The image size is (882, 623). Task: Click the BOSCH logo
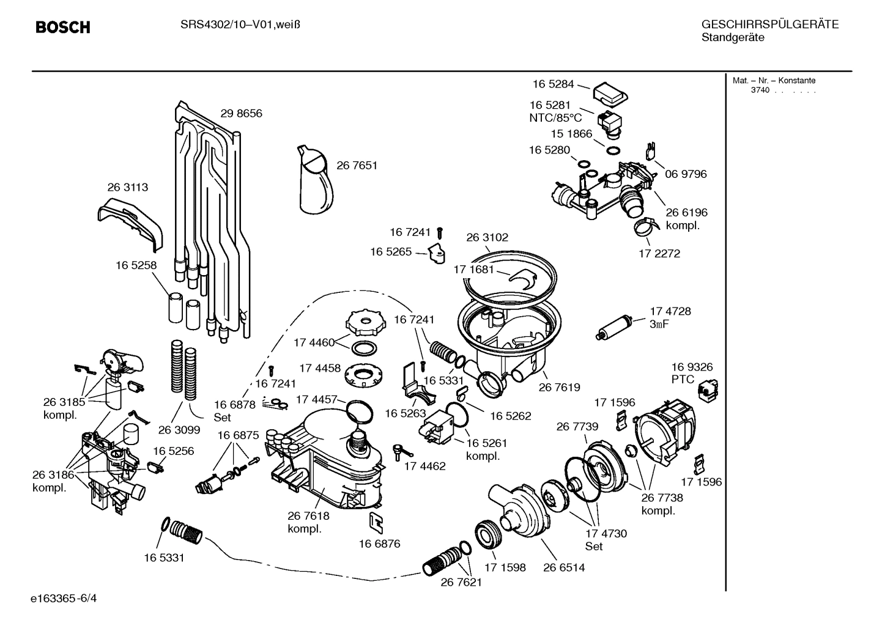coord(63,28)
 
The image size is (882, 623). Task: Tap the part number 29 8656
coord(241,114)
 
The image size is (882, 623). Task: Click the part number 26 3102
coord(487,237)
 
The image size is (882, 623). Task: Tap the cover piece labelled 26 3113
coord(132,221)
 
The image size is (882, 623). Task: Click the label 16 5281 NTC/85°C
coord(551,111)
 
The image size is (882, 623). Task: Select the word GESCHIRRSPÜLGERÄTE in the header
coord(769,25)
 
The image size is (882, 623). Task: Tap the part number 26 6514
coord(563,567)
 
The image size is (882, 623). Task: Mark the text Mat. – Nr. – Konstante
coord(774,81)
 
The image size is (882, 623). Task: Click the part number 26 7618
coord(308,516)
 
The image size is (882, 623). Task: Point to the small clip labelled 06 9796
coord(651,150)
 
